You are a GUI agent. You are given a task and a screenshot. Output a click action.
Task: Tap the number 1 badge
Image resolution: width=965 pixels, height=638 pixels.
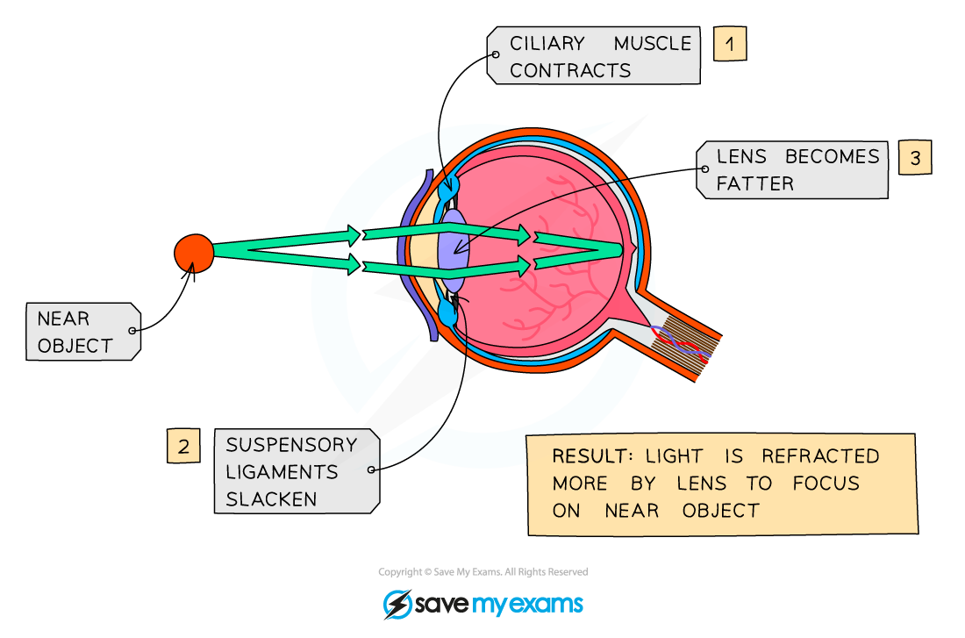(x=729, y=43)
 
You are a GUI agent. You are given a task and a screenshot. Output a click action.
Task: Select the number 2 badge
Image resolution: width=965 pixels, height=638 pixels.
(x=183, y=447)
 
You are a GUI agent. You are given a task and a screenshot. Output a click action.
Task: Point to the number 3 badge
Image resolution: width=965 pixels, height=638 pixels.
(x=915, y=158)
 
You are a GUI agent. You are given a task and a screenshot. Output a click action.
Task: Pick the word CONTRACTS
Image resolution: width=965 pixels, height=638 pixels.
(x=570, y=71)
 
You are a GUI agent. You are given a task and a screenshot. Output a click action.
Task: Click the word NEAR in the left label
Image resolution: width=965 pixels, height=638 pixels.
(x=63, y=319)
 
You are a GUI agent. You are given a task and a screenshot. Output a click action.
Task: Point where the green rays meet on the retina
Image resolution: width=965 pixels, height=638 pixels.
(x=621, y=251)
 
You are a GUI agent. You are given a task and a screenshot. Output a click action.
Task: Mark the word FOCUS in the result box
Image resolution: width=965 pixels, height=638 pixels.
(x=826, y=484)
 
